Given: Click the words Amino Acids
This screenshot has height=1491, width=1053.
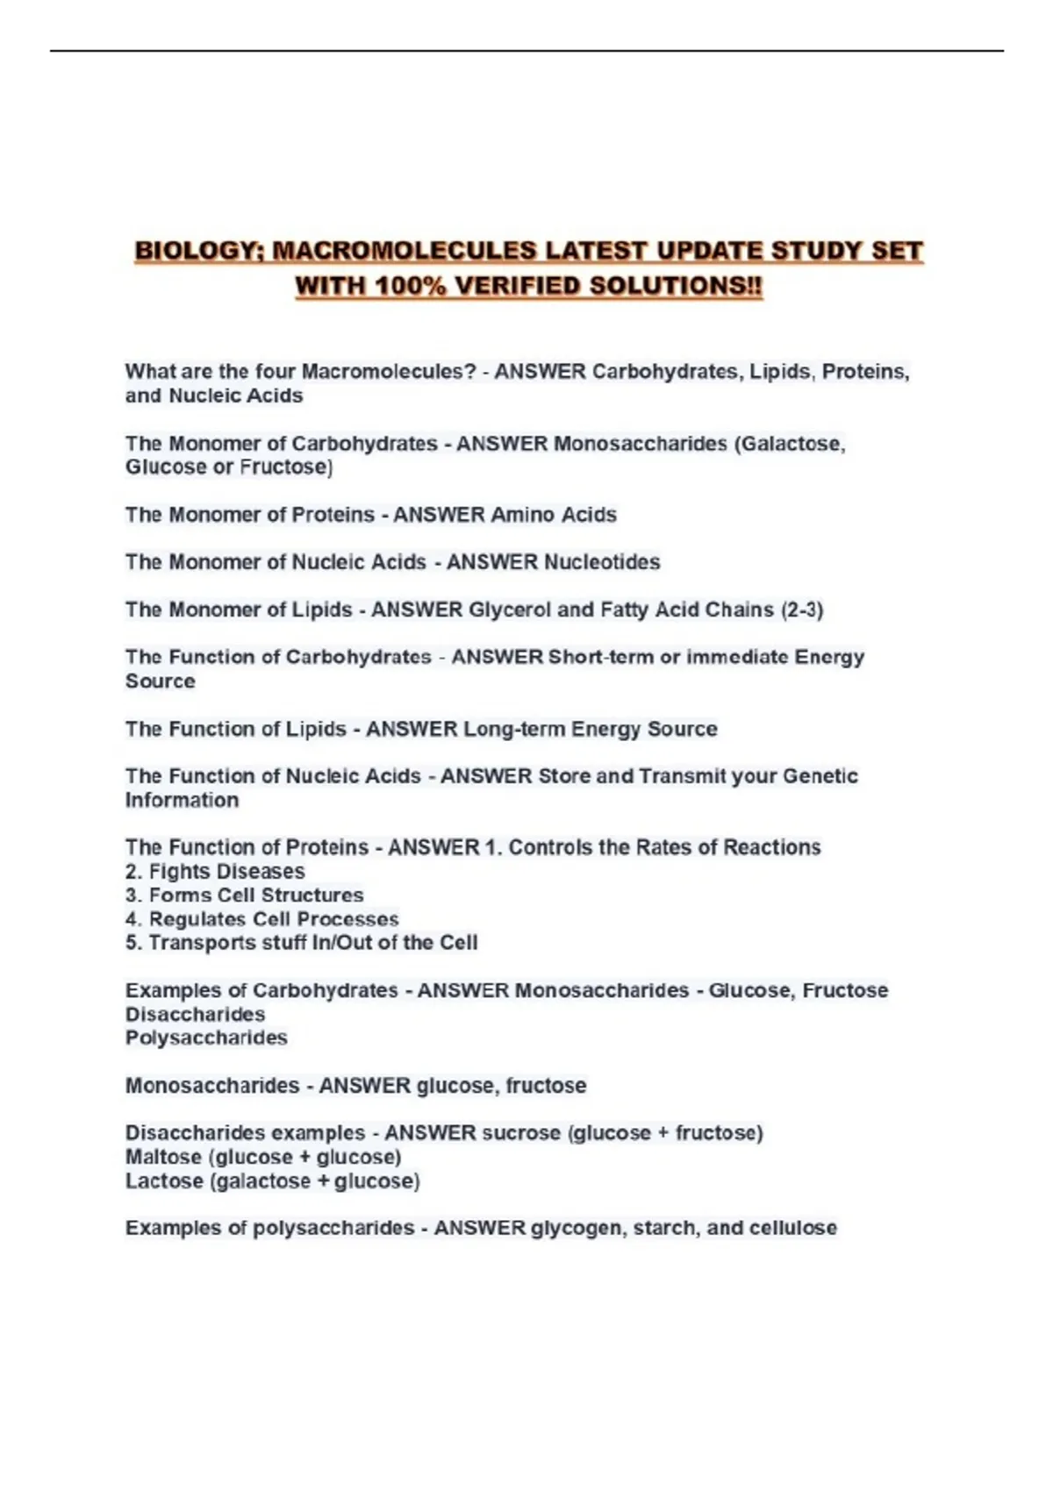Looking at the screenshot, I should (554, 515).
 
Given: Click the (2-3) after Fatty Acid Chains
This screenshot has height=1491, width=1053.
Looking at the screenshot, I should (802, 610).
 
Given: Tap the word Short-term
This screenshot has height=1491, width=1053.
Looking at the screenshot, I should (600, 657).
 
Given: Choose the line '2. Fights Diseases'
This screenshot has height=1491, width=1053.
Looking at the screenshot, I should (215, 872).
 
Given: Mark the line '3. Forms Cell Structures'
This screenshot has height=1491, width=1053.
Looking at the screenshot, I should (244, 895).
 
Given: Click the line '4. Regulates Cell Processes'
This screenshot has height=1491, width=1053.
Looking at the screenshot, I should (261, 919).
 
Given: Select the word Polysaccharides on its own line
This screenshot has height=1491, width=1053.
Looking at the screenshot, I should (206, 1038).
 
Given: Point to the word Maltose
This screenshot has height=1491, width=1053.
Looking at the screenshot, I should (163, 1157).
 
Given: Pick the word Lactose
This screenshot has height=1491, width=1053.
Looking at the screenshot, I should (164, 1181).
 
